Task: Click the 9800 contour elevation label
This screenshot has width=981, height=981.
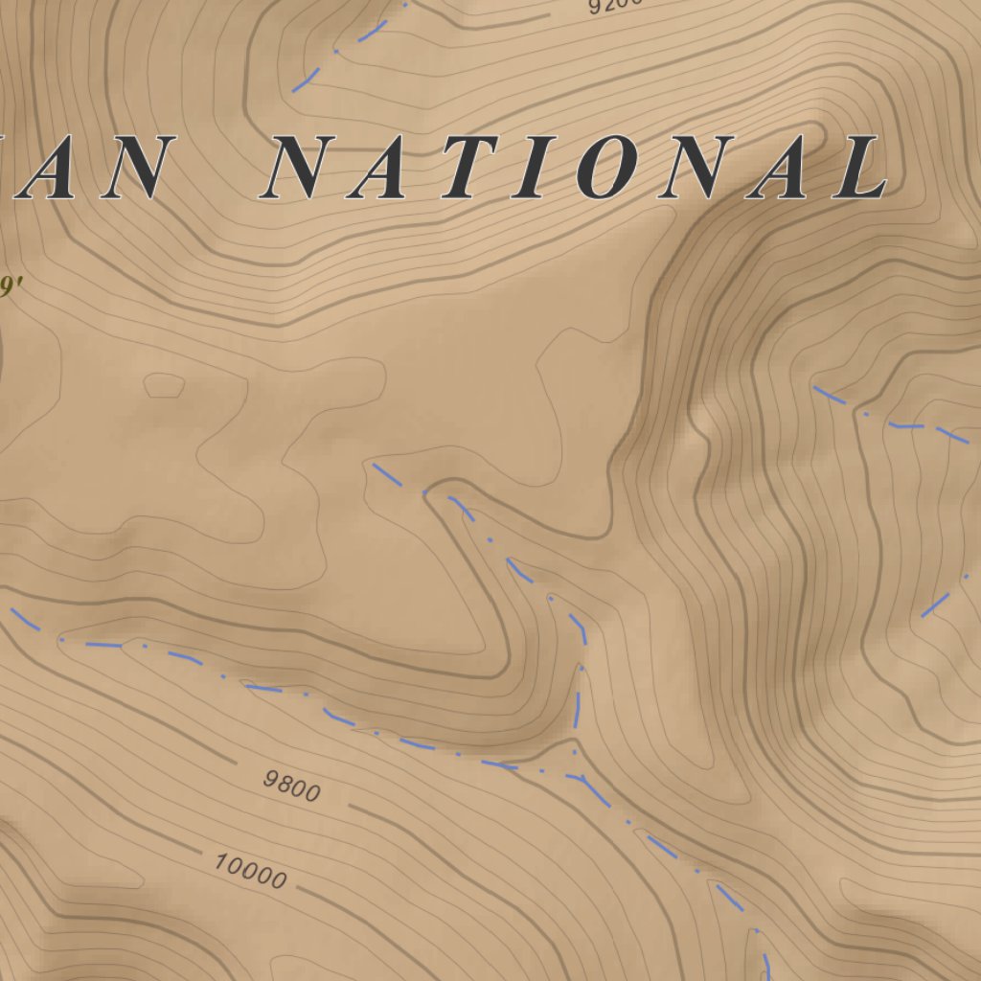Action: coord(291,785)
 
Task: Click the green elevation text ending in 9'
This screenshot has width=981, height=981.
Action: coord(10,286)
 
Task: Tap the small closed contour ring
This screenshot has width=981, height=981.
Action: coord(164,385)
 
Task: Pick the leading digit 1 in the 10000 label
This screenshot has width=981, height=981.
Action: coord(220,861)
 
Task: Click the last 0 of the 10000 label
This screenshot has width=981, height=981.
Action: coord(278,879)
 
